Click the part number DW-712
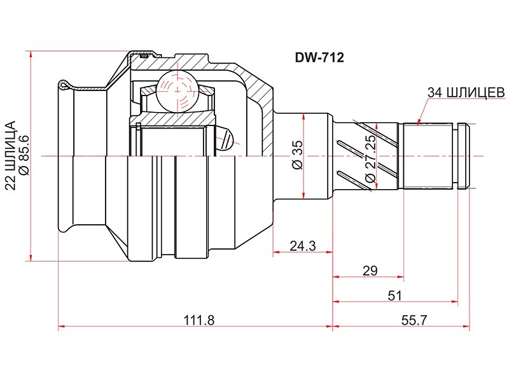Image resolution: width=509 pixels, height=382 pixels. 319,58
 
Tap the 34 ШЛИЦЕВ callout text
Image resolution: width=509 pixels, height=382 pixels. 466,92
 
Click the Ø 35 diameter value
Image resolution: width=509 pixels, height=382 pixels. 296,155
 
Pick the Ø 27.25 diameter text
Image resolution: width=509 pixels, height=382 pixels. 370,157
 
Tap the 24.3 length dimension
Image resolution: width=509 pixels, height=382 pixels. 302,245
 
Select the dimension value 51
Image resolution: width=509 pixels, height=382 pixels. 394,295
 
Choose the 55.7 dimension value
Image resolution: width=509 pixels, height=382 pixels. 414,321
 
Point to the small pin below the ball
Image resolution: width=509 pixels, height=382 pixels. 226,137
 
